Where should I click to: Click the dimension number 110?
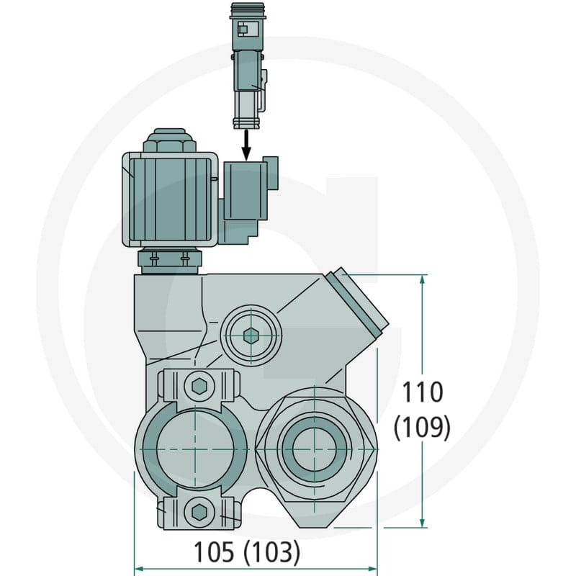[x=423, y=392]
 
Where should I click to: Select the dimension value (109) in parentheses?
[x=422, y=427]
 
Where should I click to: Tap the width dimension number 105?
[x=213, y=552]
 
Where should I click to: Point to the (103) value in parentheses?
[x=272, y=552]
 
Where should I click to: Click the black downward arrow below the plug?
[x=246, y=145]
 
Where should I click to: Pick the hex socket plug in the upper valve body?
[x=251, y=335]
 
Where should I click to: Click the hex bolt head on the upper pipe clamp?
[x=199, y=385]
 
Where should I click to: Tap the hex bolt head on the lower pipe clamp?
[x=199, y=511]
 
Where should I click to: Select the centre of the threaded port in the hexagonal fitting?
[x=315, y=449]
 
